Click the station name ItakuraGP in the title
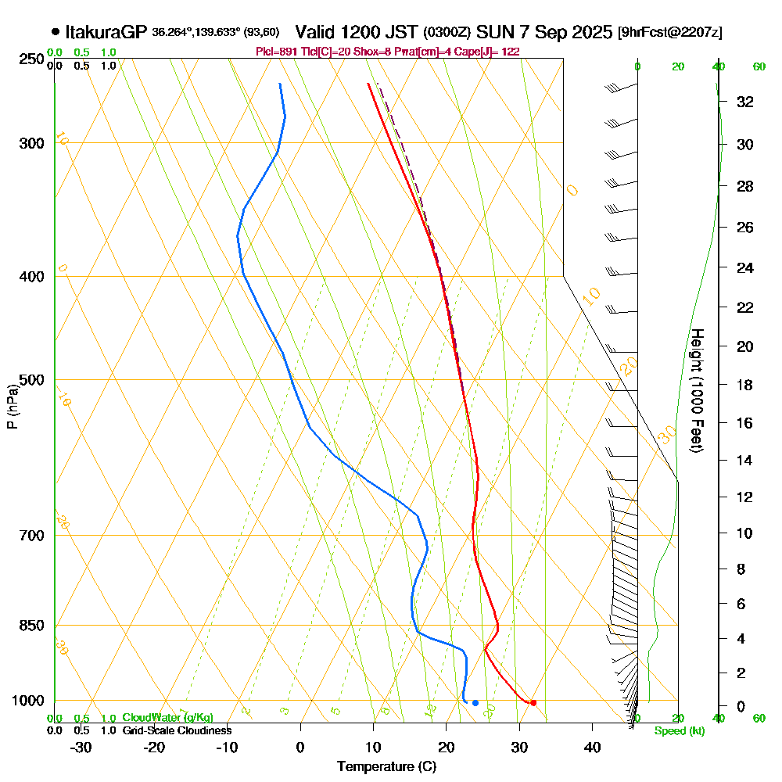point(106,32)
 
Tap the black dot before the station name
point(55,32)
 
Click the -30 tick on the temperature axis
point(81,747)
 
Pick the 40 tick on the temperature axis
point(592,747)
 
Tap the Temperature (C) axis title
point(386,767)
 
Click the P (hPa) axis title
point(12,406)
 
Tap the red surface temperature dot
point(533,702)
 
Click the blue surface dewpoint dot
point(475,702)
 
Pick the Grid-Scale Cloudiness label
point(177,730)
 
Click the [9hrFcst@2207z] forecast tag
point(669,33)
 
